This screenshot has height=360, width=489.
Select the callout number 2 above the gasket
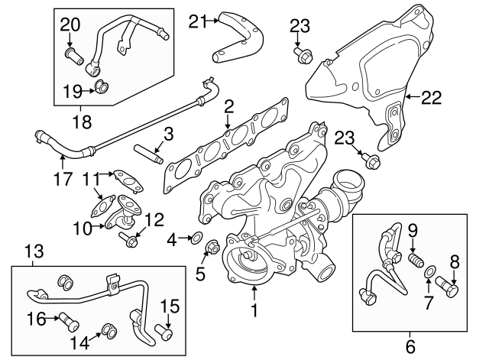click(x=228, y=108)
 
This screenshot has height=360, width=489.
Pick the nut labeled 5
click(x=213, y=246)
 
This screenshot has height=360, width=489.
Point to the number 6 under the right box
click(x=411, y=345)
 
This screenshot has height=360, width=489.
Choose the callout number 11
click(x=91, y=180)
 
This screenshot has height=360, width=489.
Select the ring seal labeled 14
click(x=108, y=331)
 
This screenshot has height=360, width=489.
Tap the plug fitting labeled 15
click(x=165, y=331)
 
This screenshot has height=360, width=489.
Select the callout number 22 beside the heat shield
click(x=432, y=96)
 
